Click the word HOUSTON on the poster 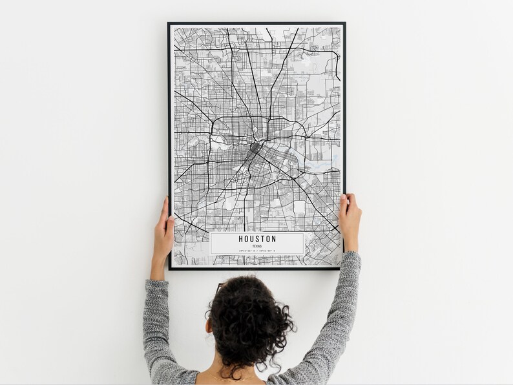tap(256, 239)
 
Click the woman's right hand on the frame tap(350, 220)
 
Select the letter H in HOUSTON tap(240, 239)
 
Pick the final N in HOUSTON tap(273, 239)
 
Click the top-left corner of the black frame tap(169, 24)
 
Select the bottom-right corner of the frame tap(344, 268)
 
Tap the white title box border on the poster tap(211, 243)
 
